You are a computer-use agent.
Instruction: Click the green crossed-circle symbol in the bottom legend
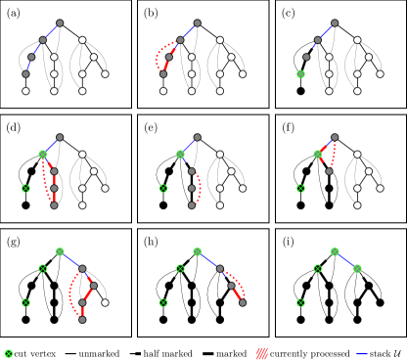[9, 353]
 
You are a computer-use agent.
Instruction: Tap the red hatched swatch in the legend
[262, 353]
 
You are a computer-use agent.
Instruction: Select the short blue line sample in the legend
[362, 353]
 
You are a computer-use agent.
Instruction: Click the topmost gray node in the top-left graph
[60, 22]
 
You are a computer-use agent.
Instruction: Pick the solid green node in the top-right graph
[300, 74]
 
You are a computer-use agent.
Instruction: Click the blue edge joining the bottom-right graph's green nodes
[345, 260]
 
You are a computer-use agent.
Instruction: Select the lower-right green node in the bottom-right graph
[357, 268]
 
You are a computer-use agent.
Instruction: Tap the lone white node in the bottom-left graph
[105, 302]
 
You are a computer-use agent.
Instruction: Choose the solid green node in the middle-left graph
[42, 154]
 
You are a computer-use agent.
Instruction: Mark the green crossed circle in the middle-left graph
[25, 188]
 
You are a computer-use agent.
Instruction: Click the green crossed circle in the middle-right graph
[300, 188]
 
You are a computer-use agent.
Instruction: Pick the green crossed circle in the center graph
[163, 188]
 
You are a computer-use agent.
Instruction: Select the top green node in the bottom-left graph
[60, 251]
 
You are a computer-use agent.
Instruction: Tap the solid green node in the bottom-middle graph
[197, 251]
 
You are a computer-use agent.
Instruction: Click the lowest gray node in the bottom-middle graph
[243, 302]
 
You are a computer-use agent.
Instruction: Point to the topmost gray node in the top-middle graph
[197, 22]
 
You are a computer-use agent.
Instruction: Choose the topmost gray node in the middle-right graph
[335, 137]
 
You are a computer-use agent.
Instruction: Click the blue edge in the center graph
[188, 146]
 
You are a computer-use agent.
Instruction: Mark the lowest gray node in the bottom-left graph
[82, 319]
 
